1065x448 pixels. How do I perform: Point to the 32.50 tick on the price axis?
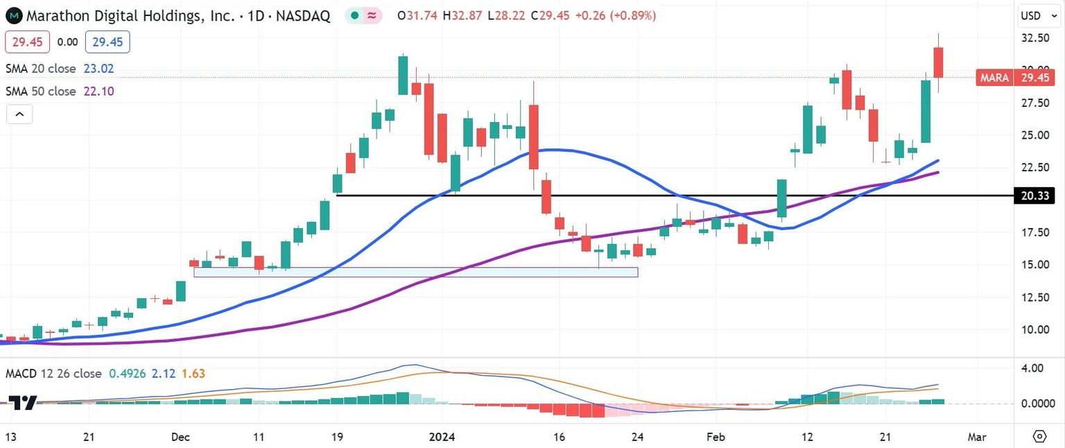pyautogui.click(x=1035, y=38)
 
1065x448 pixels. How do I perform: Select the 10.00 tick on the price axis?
pyautogui.click(x=1035, y=329)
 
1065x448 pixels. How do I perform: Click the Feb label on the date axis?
pyautogui.click(x=716, y=437)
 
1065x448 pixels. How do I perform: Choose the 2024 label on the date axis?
pyautogui.click(x=442, y=437)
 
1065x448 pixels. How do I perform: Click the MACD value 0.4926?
pyautogui.click(x=125, y=374)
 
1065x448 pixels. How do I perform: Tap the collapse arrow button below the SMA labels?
pyautogui.click(x=19, y=114)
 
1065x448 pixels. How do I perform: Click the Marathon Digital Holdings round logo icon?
pyautogui.click(x=14, y=15)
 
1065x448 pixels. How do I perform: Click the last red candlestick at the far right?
pyautogui.click(x=939, y=62)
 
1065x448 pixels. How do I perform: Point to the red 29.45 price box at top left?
pyautogui.click(x=28, y=42)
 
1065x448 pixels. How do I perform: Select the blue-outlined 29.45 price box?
pyautogui.click(x=107, y=42)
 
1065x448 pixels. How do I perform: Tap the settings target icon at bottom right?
pyautogui.click(x=1039, y=436)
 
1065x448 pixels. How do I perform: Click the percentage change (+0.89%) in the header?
pyautogui.click(x=632, y=15)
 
